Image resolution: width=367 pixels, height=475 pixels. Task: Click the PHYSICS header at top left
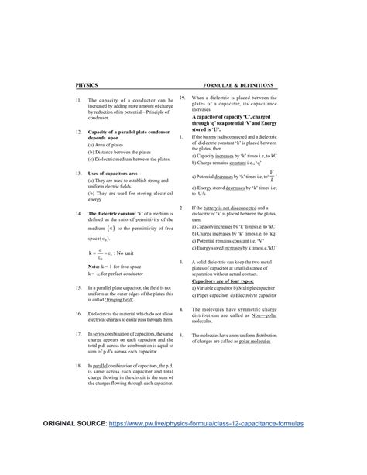[87, 84]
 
